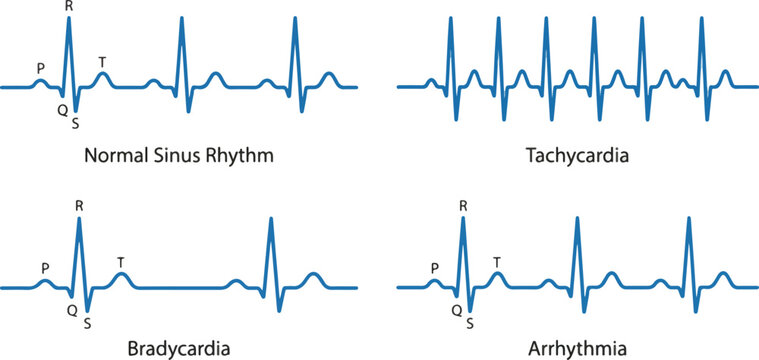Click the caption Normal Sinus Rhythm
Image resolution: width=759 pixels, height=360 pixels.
point(180,157)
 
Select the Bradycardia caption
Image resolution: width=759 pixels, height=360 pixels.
point(180,349)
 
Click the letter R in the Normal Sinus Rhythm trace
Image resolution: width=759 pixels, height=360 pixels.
point(68,7)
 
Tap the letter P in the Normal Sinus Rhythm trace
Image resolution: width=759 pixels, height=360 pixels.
point(40,68)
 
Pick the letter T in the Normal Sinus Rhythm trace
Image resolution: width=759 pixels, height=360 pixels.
point(102,62)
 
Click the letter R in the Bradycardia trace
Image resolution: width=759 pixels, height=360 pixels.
point(79,206)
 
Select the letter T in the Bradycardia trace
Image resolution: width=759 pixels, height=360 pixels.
point(121,263)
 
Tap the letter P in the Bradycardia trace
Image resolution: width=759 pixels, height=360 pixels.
point(45,268)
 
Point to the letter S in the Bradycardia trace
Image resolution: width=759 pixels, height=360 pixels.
point(88,323)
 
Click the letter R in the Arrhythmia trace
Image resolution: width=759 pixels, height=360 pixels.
point(463,206)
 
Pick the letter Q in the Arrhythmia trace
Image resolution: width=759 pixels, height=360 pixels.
point(456,310)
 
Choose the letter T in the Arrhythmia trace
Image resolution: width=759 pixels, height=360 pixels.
point(497,262)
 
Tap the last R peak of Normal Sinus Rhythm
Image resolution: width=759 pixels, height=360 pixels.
point(295,22)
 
